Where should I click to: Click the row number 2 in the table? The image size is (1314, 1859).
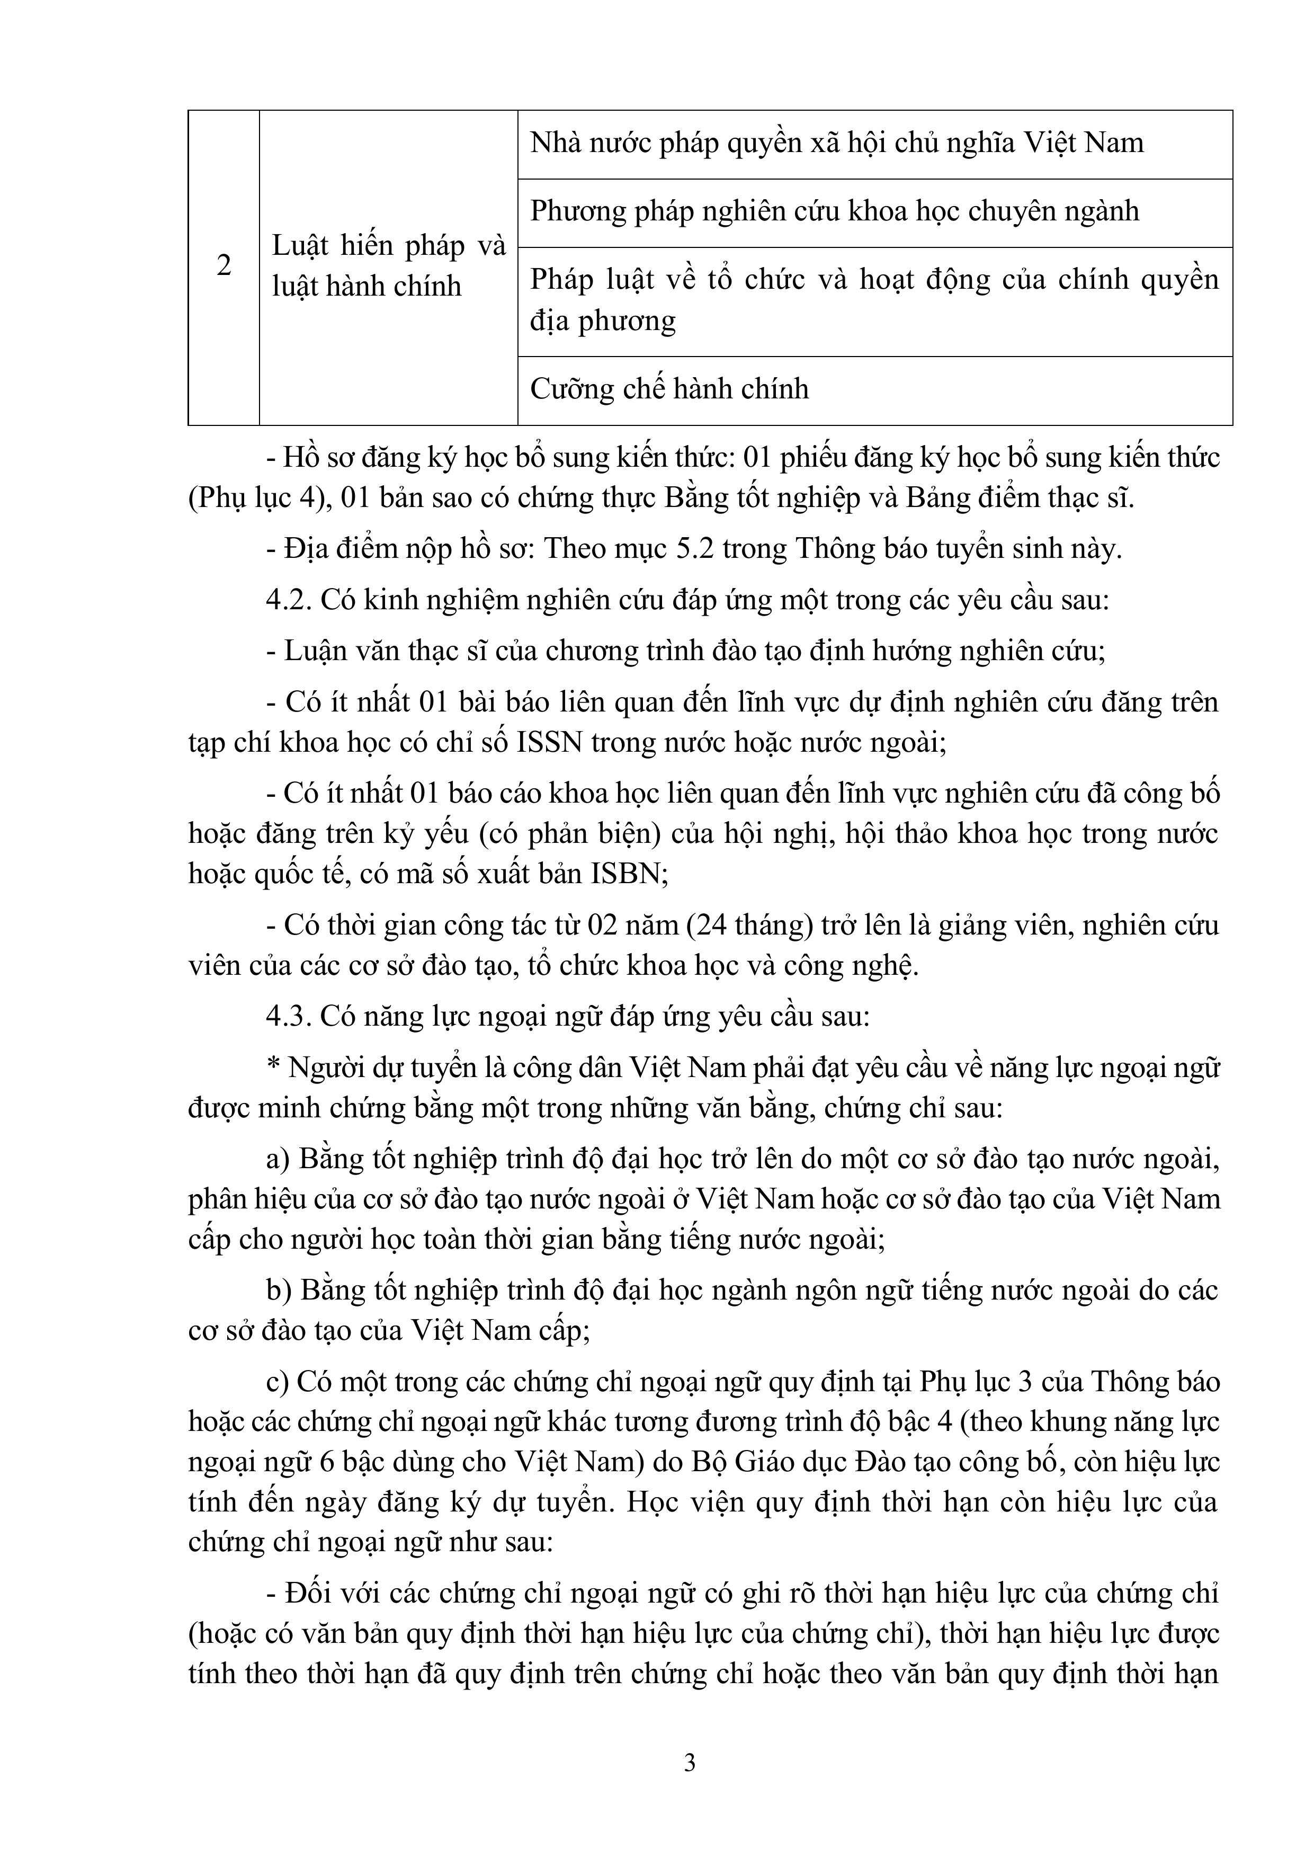tap(224, 265)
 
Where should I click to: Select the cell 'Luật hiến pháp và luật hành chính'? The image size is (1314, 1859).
tap(389, 265)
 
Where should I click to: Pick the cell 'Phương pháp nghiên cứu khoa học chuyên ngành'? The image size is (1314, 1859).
tap(834, 212)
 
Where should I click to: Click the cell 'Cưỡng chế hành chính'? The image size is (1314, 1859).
tap(669, 389)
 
